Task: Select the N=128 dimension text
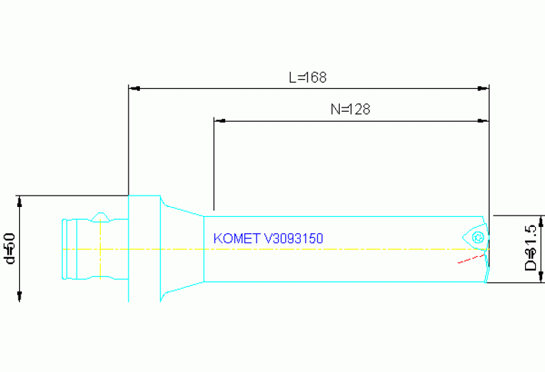(x=350, y=110)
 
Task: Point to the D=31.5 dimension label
(x=529, y=248)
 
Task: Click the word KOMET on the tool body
(x=237, y=239)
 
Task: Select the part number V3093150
(x=293, y=239)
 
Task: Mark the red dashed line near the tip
(x=470, y=258)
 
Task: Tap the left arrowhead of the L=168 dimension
(x=133, y=89)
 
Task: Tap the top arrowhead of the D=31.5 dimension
(x=541, y=220)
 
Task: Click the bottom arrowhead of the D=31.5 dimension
(x=541, y=277)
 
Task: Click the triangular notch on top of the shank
(x=100, y=216)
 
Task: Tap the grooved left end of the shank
(x=70, y=249)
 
